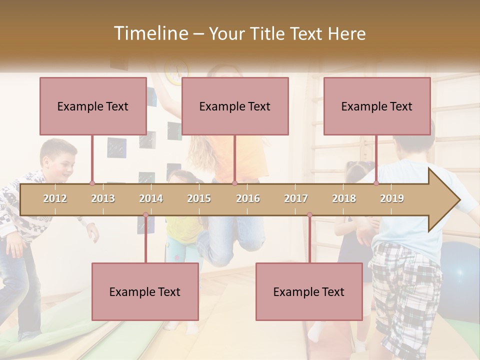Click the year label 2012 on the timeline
point(55,198)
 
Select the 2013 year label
point(103,198)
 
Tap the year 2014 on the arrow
point(151,198)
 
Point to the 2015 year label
point(199,198)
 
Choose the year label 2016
point(248,198)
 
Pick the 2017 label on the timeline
point(296,198)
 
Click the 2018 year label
point(344,198)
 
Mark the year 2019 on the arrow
point(392,198)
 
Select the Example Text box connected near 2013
point(93,106)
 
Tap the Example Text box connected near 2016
point(235,106)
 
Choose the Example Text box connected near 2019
point(377,106)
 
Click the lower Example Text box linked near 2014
point(145,291)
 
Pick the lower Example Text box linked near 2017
point(309,291)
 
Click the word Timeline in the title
point(150,33)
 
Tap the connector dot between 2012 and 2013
point(92,183)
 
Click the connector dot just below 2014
point(145,215)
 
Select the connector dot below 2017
point(309,215)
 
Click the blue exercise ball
point(460,270)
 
